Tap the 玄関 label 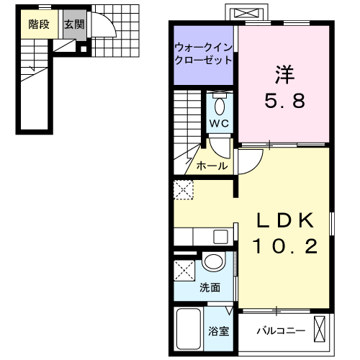coord(73,24)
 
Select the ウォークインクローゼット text coord(202,54)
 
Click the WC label coord(219,122)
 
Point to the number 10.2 coord(284,247)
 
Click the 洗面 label coord(211,287)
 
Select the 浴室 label coord(219,332)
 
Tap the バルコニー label coord(282,332)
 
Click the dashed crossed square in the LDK coord(183,190)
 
